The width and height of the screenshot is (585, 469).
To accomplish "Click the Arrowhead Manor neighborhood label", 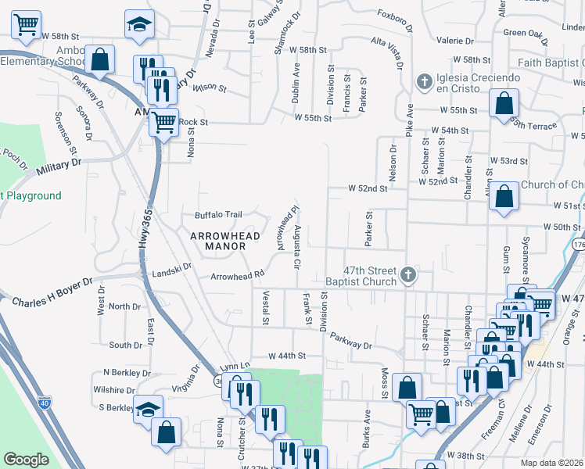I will point(215,239).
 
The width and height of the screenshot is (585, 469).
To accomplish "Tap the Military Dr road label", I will point(54,163).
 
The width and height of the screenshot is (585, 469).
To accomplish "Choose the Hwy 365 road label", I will point(144,234).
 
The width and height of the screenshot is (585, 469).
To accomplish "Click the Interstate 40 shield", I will point(45,403).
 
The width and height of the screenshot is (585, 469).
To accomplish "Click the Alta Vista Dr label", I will point(389,46).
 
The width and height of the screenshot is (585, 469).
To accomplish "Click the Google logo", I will point(26,460).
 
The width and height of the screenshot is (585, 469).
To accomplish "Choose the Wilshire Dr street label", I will point(114,388).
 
